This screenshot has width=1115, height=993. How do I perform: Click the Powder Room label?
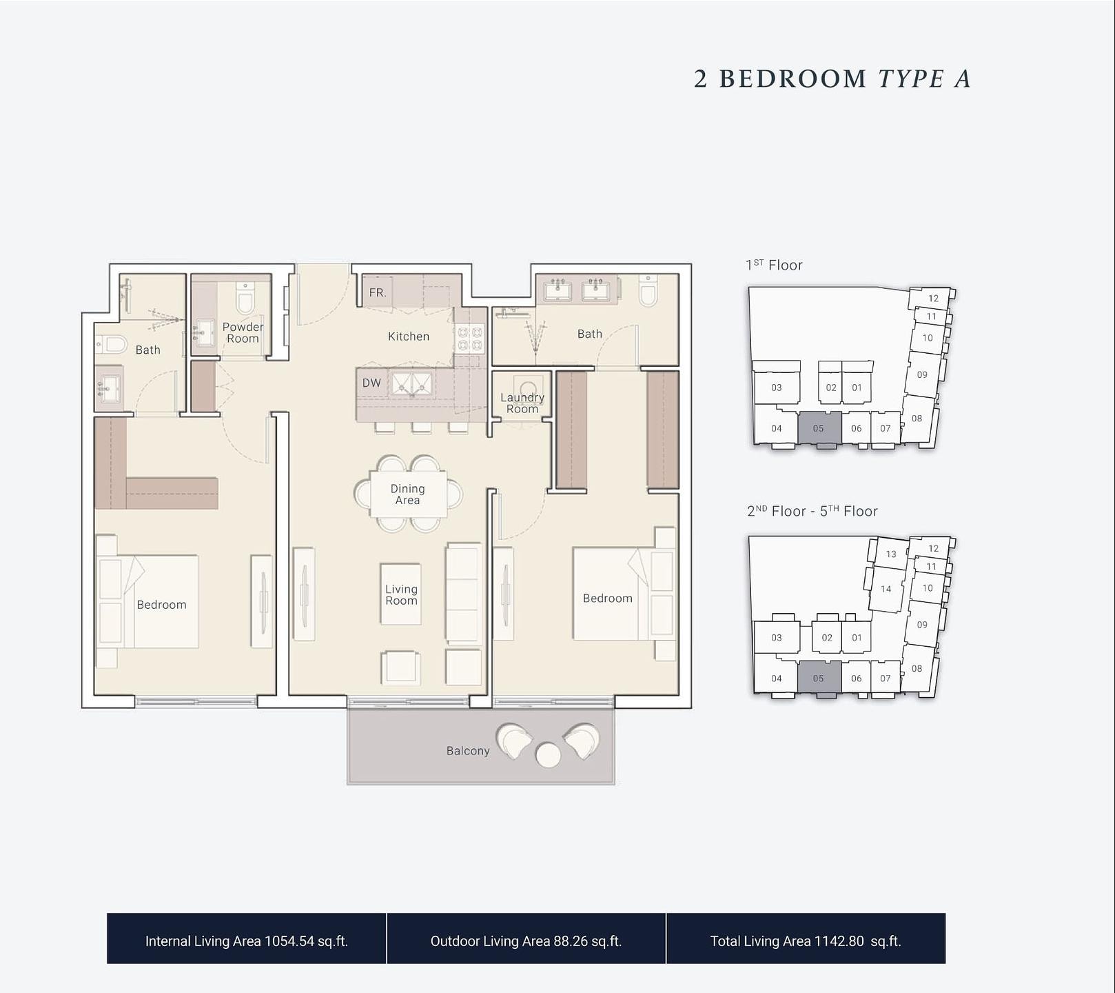pyautogui.click(x=243, y=332)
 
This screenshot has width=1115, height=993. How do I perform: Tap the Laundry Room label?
pyautogui.click(x=522, y=403)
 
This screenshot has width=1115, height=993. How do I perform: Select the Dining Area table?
pyautogui.click(x=408, y=494)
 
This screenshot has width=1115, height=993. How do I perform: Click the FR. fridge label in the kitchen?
pyautogui.click(x=377, y=292)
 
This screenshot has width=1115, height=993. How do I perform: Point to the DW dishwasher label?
pyautogui.click(x=371, y=383)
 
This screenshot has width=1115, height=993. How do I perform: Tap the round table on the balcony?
pyautogui.click(x=548, y=754)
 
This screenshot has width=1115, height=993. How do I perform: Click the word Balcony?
pyautogui.click(x=468, y=751)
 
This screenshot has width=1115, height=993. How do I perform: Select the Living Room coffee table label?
pyautogui.click(x=401, y=594)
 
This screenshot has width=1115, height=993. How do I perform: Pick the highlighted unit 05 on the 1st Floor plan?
pyautogui.click(x=819, y=428)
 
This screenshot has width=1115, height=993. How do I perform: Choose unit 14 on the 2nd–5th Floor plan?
pyautogui.click(x=886, y=589)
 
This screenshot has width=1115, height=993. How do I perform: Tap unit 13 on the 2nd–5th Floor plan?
pyautogui.click(x=891, y=554)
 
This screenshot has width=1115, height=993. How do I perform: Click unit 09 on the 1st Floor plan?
pyautogui.click(x=922, y=374)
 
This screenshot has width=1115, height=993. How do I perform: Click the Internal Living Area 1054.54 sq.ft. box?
pyautogui.click(x=247, y=939)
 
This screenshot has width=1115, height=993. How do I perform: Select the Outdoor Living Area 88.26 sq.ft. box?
pyautogui.click(x=526, y=939)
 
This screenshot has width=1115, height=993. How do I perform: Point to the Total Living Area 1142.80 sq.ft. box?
pyautogui.click(x=806, y=939)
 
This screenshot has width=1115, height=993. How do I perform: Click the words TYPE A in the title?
pyautogui.click(x=924, y=79)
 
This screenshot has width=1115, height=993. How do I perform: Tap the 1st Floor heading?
pyautogui.click(x=774, y=265)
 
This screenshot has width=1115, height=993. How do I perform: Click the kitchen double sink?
pyautogui.click(x=412, y=383)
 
